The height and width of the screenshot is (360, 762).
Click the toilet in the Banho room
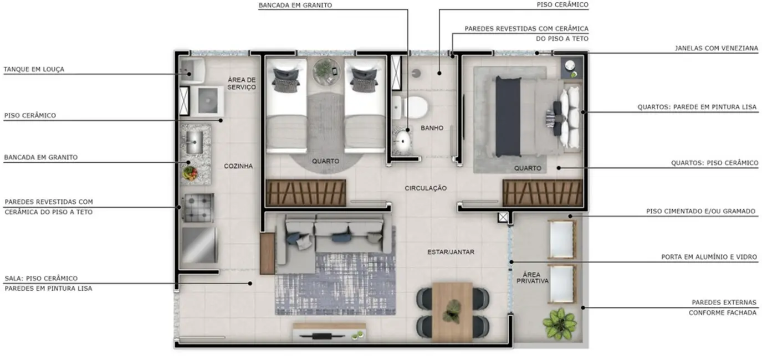pyautogui.click(x=411, y=106)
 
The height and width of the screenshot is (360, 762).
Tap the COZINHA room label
pyautogui.click(x=238, y=166)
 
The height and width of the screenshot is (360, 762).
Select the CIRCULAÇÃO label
pyautogui.click(x=426, y=188)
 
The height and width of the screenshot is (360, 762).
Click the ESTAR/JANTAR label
pyautogui.click(x=451, y=252)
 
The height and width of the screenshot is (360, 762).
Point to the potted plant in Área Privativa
pyautogui.click(x=559, y=323)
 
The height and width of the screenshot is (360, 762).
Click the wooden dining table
pyautogui.click(x=452, y=311)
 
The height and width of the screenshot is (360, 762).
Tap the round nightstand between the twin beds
pyautogui.click(x=326, y=71)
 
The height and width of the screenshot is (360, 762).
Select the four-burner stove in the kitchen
pyautogui.click(x=198, y=208)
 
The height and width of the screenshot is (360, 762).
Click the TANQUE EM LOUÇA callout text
pyautogui.click(x=34, y=70)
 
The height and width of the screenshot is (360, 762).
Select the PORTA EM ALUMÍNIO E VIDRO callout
pyautogui.click(x=709, y=258)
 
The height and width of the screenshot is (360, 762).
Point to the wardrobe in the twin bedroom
pyautogui.click(x=306, y=193)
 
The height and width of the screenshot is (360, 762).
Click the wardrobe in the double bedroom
pyautogui.click(x=543, y=193)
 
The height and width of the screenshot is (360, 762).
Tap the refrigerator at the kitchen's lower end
pyautogui.click(x=199, y=245)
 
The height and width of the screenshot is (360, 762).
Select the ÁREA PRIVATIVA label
pyautogui.click(x=533, y=277)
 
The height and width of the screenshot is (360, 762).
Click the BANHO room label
pyautogui.click(x=432, y=128)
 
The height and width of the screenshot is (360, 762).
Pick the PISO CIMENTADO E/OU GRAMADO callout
pyautogui.click(x=701, y=212)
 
